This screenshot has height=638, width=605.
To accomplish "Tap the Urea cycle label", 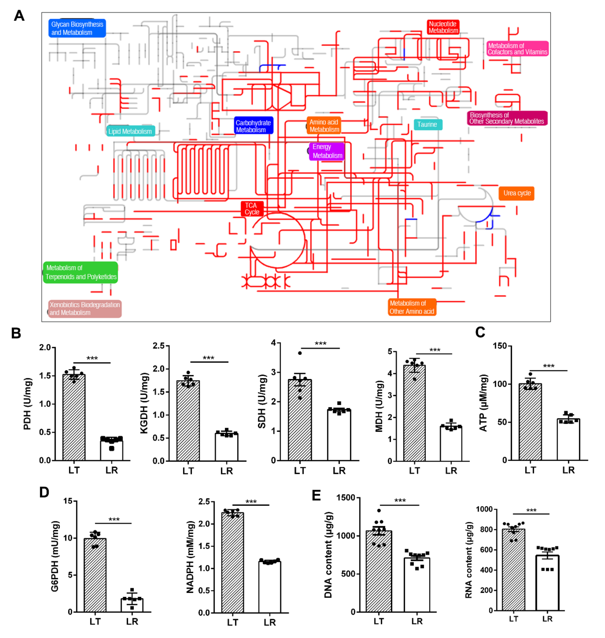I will point(516,193).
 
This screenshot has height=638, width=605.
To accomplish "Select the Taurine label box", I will point(428,125).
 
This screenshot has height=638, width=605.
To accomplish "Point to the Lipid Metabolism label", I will point(130,131).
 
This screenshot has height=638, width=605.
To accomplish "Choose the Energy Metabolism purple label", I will point(327,151).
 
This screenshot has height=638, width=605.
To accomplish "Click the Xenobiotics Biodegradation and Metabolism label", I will point(85,308).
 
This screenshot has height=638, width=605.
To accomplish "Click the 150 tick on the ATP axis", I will point(500,346).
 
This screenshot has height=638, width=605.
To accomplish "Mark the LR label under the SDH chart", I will point(339,471).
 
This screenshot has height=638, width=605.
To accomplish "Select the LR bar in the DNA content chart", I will point(417,585).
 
